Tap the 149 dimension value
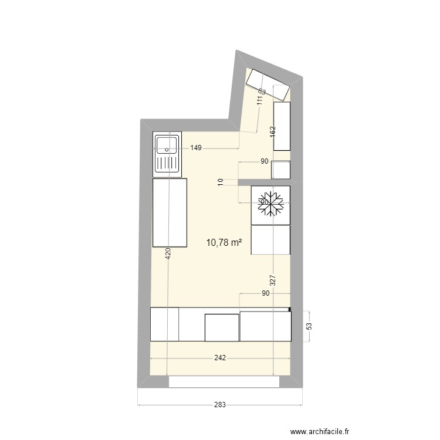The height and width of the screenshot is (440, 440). (x=196, y=148)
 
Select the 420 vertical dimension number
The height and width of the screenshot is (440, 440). (x=167, y=253)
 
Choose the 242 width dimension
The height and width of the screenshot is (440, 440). (x=220, y=358)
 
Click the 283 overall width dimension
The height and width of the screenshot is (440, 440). (x=220, y=405)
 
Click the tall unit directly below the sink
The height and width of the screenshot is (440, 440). (x=169, y=212)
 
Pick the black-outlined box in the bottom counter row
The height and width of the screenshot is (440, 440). (x=222, y=327)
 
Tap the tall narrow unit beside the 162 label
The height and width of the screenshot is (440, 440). (x=282, y=126)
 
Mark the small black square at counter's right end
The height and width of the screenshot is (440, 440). (x=289, y=309)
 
